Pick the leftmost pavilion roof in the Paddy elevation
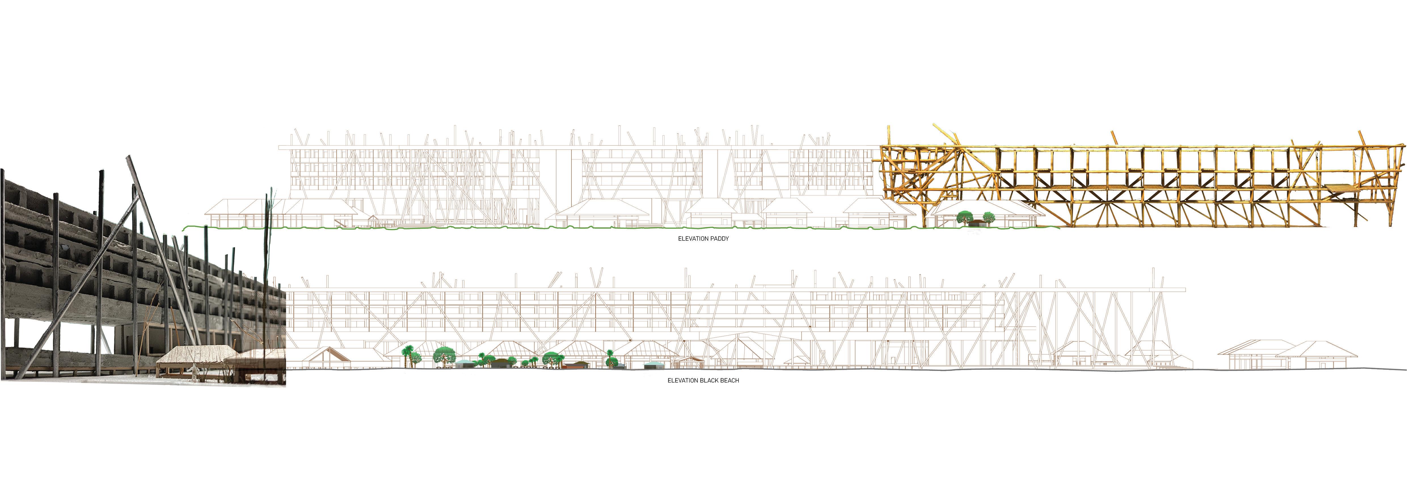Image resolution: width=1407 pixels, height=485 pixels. click(x=225, y=206)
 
